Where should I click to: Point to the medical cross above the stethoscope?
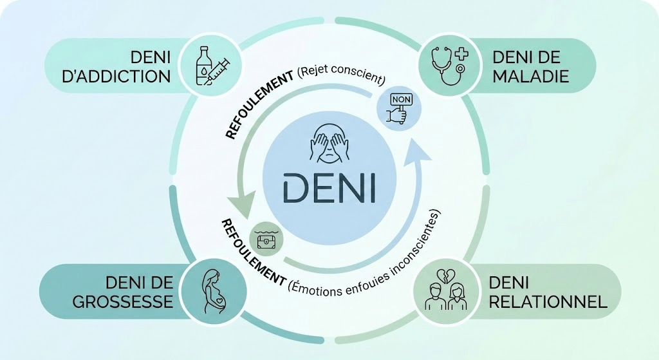coord(459,53)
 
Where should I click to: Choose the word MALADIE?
coord(531,77)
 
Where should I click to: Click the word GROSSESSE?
coord(123,301)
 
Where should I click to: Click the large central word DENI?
coord(329,187)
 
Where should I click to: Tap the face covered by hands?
coord(329,143)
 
